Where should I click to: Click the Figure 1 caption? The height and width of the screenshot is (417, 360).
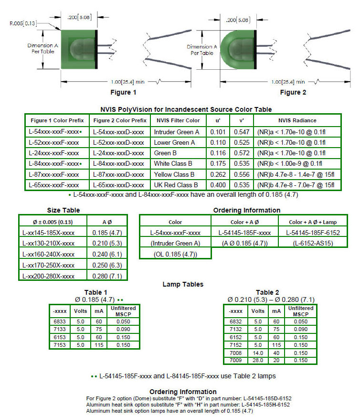pos(123,92)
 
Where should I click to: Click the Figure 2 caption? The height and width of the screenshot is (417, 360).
pos(293,92)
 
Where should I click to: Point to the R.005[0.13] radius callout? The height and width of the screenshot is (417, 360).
pos(22,23)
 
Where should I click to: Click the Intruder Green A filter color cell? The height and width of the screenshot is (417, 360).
pos(177,132)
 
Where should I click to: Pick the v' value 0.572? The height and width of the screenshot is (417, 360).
pos(242,153)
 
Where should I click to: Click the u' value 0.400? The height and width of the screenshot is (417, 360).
pos(218,185)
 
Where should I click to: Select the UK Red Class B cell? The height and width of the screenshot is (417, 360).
pos(176,185)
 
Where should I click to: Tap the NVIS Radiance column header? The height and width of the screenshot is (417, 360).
pos(297,120)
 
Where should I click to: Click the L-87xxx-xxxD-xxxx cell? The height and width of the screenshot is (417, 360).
pos(118,174)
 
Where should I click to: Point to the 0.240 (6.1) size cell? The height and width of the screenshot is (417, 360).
pos(107,254)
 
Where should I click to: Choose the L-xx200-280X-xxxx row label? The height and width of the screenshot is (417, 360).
pos(48,276)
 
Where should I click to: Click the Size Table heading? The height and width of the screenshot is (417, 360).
pos(64,210)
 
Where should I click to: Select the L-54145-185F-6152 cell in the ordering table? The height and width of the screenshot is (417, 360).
pos(313,233)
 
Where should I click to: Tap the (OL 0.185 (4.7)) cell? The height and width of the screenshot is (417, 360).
pos(176,254)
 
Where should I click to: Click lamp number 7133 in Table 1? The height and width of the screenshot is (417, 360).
pos(60,329)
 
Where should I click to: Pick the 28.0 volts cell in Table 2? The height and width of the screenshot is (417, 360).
pos(258,360)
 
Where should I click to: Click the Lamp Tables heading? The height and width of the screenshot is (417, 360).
pos(183,284)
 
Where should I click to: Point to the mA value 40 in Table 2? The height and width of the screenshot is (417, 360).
pos(276,353)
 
